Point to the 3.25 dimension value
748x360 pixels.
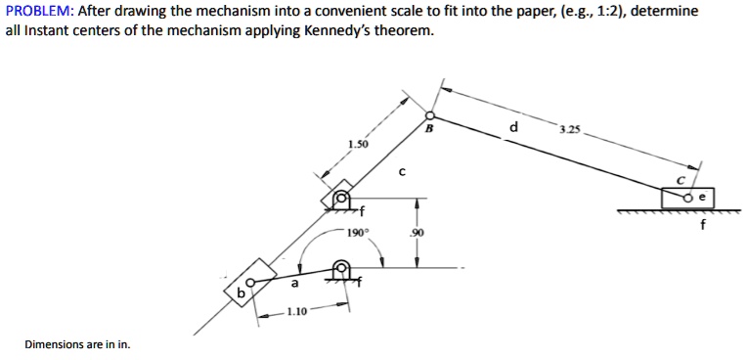[x=569, y=129]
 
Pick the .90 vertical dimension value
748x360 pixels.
[x=418, y=234]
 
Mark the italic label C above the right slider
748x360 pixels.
[x=682, y=181]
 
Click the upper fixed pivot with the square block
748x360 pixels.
[x=341, y=199]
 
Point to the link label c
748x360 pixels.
[x=402, y=171]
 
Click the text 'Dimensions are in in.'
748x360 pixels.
[x=78, y=344]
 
